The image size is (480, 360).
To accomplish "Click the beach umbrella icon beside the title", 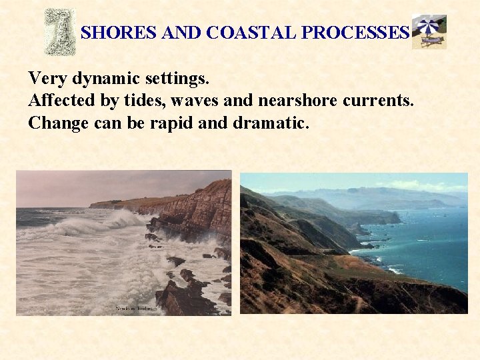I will [429, 31].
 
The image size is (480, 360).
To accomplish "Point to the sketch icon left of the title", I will [59, 31].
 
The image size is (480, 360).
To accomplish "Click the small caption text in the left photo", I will [135, 309].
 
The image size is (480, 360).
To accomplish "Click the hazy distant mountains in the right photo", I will [373, 195].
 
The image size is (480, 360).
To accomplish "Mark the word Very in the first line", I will [47, 79].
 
